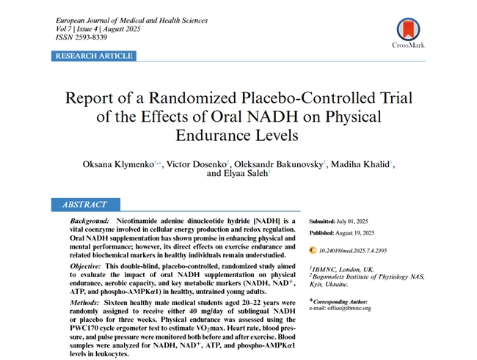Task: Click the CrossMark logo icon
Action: click(408, 29)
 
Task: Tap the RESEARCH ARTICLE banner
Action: click(93, 56)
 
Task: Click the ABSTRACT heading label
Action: click(84, 205)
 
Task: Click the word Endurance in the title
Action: click(207, 135)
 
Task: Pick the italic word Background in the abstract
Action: click(90, 221)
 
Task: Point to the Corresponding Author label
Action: click(343, 301)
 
